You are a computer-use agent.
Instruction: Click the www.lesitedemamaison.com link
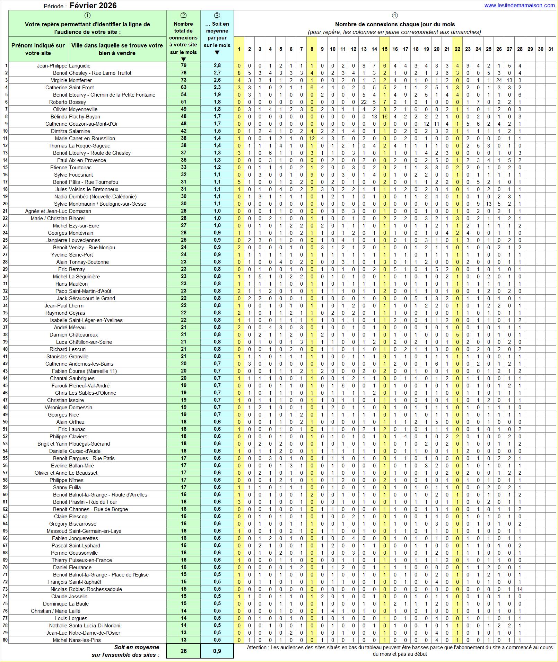point(519,5)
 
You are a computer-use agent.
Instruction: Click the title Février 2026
point(93,6)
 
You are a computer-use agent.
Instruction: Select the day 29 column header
point(530,49)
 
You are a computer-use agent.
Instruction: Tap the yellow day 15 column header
point(384,49)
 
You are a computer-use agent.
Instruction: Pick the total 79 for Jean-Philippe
point(183,65)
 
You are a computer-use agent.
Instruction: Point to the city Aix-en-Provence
point(87,160)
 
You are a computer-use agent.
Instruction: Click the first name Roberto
point(58,102)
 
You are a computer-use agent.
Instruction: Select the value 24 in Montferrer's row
point(499,80)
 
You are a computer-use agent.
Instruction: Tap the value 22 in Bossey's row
point(364,102)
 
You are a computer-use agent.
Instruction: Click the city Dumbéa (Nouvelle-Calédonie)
point(103,197)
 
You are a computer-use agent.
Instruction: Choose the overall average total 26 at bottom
point(183,651)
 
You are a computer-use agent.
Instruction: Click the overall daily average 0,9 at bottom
point(217,651)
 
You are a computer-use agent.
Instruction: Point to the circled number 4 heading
point(395,16)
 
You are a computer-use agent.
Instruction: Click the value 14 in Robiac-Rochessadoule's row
point(520,589)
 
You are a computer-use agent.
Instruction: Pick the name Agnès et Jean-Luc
point(46,211)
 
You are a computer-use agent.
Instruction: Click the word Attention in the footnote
point(257,647)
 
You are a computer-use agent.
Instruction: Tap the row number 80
point(5,640)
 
